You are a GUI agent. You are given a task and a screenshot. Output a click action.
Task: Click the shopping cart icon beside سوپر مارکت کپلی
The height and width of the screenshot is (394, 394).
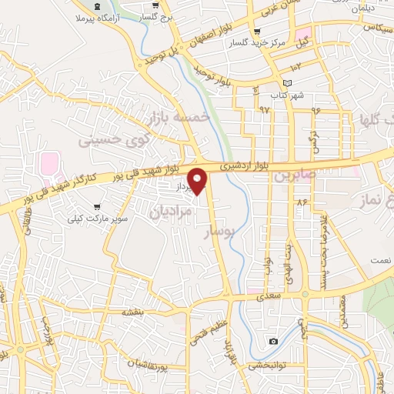97,207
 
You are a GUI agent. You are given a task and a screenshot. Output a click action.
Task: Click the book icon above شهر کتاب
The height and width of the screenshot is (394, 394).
288,82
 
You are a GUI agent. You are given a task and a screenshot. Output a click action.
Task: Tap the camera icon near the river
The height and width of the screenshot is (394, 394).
273,341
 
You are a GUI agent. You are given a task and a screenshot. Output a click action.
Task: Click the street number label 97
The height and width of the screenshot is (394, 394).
265,109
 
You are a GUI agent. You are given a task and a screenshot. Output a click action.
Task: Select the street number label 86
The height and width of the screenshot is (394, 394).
300,202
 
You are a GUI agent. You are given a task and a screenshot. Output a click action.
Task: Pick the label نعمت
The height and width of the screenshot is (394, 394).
380,261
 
